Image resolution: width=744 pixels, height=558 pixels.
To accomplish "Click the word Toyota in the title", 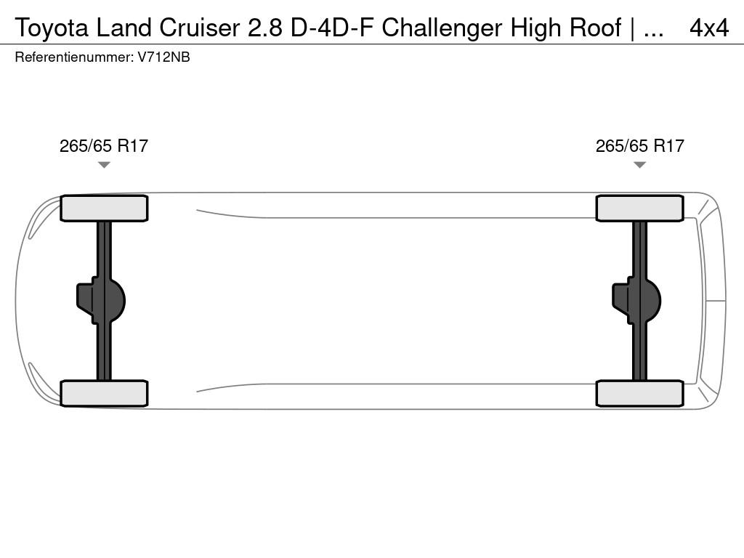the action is coord(52,28).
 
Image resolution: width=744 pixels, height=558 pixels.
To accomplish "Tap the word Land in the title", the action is coord(124,28).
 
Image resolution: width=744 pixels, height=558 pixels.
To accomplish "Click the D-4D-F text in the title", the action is coord(331,28).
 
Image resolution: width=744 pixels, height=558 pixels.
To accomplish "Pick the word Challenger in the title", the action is coord(442,28).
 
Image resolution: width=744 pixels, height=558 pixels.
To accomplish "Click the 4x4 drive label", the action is coord(709,28).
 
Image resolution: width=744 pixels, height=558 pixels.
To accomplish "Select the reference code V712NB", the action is coord(164,57).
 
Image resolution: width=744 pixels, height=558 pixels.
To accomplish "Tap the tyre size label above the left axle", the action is coord(104,145).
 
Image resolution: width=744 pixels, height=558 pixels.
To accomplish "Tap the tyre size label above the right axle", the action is coord(639,145).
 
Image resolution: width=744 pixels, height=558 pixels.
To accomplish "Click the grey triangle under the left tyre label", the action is coord(104,165).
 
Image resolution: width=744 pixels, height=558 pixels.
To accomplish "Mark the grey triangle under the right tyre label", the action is coord(639,165).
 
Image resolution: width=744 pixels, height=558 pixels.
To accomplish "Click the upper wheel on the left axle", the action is coord(104,209).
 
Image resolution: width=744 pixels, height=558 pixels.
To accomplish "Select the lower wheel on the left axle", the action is coord(104,393).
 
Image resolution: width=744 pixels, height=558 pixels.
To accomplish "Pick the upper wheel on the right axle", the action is coord(639,209).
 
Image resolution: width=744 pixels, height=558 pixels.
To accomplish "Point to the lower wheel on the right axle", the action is coord(639,393).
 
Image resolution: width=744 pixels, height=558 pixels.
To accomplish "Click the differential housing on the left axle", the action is coord(101,301).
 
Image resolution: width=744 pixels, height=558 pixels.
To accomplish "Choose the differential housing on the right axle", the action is coord(636,301).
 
